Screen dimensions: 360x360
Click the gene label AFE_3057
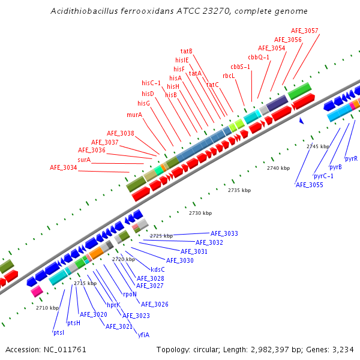[305, 31]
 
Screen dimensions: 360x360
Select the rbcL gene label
[228, 76]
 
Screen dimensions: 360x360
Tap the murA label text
[134, 115]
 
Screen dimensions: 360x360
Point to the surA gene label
[84, 160]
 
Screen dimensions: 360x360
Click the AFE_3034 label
[63, 168]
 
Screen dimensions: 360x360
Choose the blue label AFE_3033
[224, 233]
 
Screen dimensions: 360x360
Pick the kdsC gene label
[158, 269]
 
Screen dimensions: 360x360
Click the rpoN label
[130, 294]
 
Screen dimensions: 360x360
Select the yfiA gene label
[144, 334]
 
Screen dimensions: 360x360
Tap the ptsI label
[59, 332]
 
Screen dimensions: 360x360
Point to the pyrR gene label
[352, 158]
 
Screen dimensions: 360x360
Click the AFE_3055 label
[310, 185]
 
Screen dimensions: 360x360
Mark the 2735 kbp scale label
[238, 190]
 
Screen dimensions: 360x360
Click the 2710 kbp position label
[47, 308]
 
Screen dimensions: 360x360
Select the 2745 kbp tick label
[318, 146]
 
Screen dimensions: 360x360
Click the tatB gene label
[187, 51]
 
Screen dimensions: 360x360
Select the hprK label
[114, 305]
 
